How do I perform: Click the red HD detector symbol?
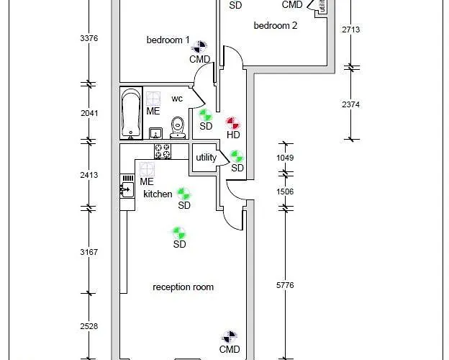pyautogui.click(x=232, y=123)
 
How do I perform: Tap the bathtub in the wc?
pyautogui.click(x=131, y=112)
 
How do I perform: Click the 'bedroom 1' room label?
pyautogui.click(x=168, y=40)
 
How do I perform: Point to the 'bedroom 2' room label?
pyautogui.click(x=275, y=26)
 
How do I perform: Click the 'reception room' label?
pyautogui.click(x=183, y=287)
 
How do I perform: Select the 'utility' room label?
pyautogui.click(x=206, y=158)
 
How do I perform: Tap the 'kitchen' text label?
pyautogui.click(x=158, y=194)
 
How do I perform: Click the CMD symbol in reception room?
pyautogui.click(x=230, y=337)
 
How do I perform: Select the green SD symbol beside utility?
pyautogui.click(x=237, y=156)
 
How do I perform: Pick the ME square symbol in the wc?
pyautogui.click(x=153, y=98)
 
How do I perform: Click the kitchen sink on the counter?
pyautogui.click(x=127, y=189)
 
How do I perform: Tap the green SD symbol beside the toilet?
pyautogui.click(x=206, y=114)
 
